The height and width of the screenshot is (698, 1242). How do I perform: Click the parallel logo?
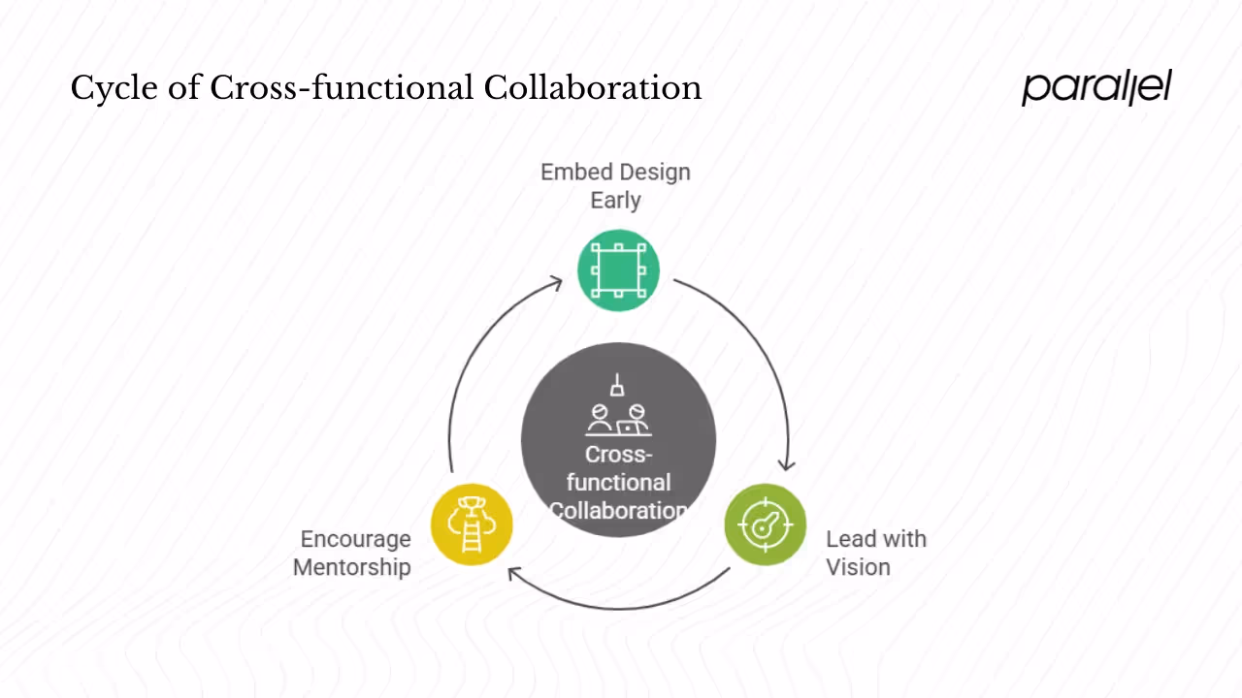click(1096, 87)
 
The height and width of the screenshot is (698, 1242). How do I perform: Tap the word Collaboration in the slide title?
click(592, 88)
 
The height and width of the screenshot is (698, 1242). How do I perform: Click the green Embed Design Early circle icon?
click(618, 270)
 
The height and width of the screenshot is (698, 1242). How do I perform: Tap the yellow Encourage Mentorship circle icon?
click(472, 523)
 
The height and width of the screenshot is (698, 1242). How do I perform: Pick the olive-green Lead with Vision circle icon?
click(766, 524)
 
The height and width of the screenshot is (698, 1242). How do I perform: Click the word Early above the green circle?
click(615, 201)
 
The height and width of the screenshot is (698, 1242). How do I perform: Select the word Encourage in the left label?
click(355, 539)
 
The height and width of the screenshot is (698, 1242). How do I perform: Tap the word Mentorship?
click(351, 567)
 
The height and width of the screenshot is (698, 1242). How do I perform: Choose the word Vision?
click(858, 567)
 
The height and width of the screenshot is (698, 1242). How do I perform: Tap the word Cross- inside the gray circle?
click(618, 455)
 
